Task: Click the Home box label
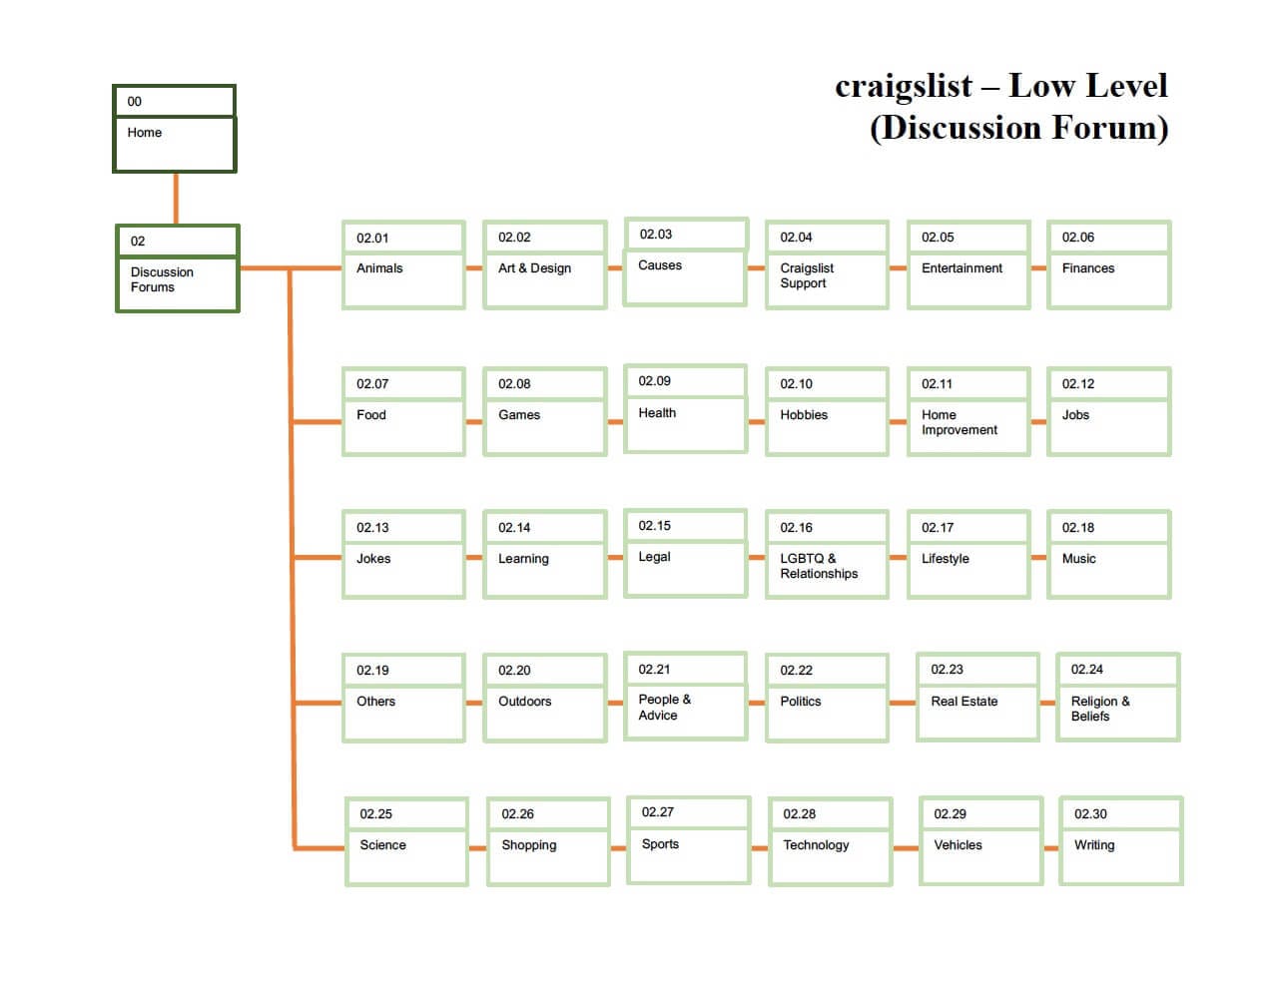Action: coord(145,133)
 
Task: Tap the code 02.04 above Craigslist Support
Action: coord(796,238)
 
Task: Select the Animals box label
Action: coord(379,268)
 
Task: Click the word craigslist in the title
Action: coord(903,87)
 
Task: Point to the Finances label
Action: coord(1087,268)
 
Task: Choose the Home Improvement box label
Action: coord(959,422)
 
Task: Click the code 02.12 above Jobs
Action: coord(1077,384)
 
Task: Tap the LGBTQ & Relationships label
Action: coord(818,566)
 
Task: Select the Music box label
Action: coord(1078,559)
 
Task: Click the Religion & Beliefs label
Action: coord(1099,709)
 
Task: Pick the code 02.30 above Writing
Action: coord(1090,814)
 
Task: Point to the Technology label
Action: coord(816,845)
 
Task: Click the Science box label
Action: coord(382,845)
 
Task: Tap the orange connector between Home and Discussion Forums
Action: coord(176,199)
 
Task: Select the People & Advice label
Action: coord(664,708)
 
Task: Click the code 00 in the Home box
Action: coord(135,102)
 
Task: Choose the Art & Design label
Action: coord(534,268)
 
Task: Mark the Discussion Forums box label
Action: coord(162,279)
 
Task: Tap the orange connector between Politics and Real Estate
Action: coord(903,703)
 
